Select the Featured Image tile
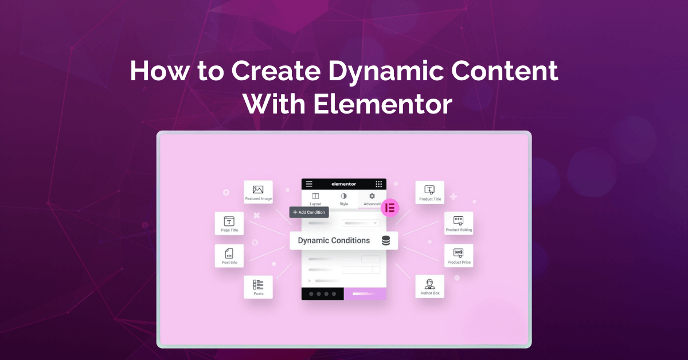tap(258, 192)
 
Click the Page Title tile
tap(229, 224)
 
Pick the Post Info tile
tap(229, 256)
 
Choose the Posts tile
tap(258, 287)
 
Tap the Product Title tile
tap(429, 192)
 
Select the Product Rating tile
tap(458, 224)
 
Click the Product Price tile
tap(458, 256)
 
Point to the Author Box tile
tap(429, 287)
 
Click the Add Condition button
tap(309, 212)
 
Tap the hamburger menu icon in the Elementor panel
tap(309, 184)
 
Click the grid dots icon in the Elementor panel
tap(379, 184)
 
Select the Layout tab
tap(315, 199)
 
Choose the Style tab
tap(343, 199)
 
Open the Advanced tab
tap(372, 199)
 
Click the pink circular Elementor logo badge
tap(390, 208)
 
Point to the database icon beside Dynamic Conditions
tap(386, 241)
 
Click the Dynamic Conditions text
tap(334, 241)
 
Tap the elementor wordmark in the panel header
tap(343, 184)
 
